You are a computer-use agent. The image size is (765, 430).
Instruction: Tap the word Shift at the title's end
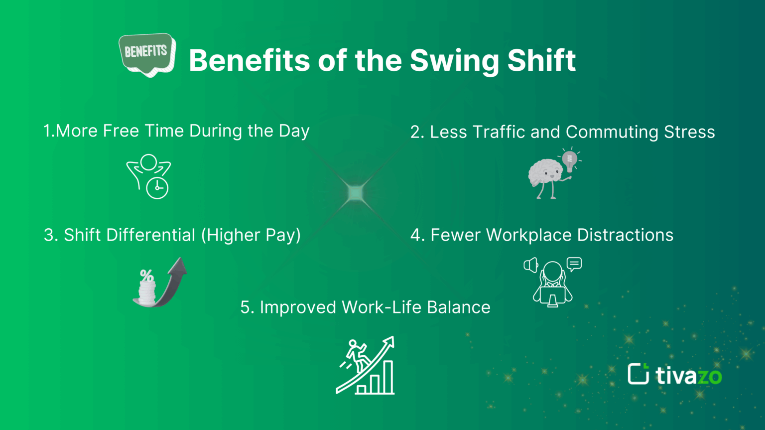pyautogui.click(x=541, y=60)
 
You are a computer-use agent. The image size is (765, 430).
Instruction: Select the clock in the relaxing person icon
pyautogui.click(x=157, y=188)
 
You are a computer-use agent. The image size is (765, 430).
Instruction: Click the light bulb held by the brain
pyautogui.click(x=569, y=160)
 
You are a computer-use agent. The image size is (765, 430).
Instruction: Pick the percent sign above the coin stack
pyautogui.click(x=146, y=276)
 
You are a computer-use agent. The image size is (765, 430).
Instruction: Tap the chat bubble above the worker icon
pyautogui.click(x=574, y=264)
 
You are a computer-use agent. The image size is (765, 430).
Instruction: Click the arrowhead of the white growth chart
pyautogui.click(x=388, y=343)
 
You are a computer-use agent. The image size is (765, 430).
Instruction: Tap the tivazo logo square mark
pyautogui.click(x=638, y=374)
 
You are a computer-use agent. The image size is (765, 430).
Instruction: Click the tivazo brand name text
pyautogui.click(x=688, y=375)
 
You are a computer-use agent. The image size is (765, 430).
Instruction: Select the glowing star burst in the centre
pyautogui.click(x=356, y=193)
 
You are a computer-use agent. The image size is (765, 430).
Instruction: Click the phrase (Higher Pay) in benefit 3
pyautogui.click(x=251, y=235)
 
